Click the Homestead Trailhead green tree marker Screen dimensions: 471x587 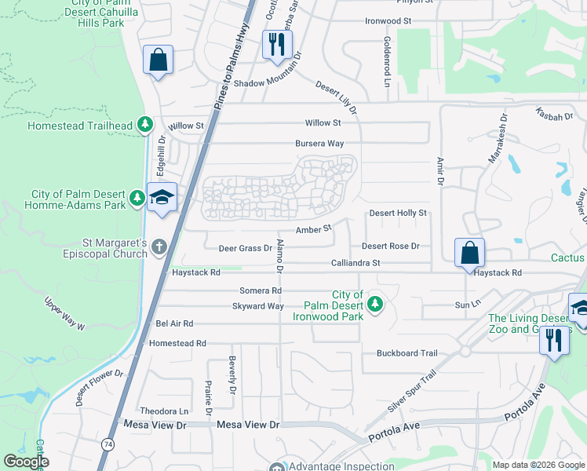(x=144, y=125)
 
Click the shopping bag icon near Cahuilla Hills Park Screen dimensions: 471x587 (x=158, y=60)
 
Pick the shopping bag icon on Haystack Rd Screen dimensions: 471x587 (x=469, y=254)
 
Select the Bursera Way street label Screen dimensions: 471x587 (x=319, y=144)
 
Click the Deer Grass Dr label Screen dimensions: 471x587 (x=245, y=248)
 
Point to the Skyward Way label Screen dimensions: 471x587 (x=257, y=306)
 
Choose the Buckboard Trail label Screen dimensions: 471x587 (x=407, y=353)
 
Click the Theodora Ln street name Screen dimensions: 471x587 (x=164, y=411)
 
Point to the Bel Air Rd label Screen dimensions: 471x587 (x=174, y=323)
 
